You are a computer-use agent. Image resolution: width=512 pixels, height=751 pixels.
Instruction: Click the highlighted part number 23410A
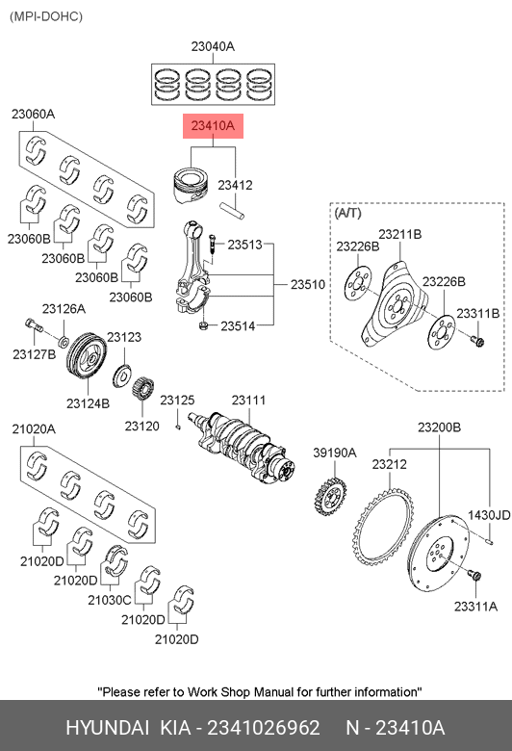[x=213, y=126]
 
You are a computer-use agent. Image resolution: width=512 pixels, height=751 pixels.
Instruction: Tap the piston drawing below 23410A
[x=192, y=186]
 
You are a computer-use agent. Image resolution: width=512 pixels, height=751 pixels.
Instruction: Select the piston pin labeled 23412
[x=232, y=211]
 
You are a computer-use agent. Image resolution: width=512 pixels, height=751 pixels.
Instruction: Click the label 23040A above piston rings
[x=213, y=46]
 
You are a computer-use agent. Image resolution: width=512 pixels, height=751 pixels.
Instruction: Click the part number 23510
[x=308, y=284]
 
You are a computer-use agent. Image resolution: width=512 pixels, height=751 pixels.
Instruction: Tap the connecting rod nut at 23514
[x=203, y=326]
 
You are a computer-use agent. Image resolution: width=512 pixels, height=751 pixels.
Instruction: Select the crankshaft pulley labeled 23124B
[x=87, y=358]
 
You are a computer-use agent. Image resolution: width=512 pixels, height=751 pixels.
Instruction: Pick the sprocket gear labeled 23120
[x=142, y=388]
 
